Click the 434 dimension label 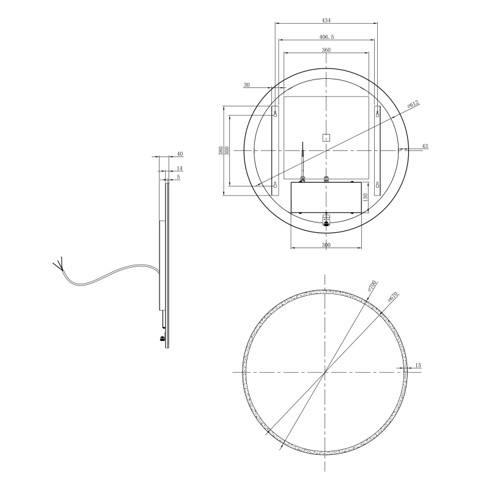[326, 20]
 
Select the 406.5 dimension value [326, 37]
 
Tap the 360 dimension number [326, 50]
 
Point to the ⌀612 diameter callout [414, 105]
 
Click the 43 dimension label [425, 146]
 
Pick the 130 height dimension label [366, 197]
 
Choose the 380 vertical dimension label [221, 151]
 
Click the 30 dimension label [246, 85]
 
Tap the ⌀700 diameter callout [372, 286]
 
